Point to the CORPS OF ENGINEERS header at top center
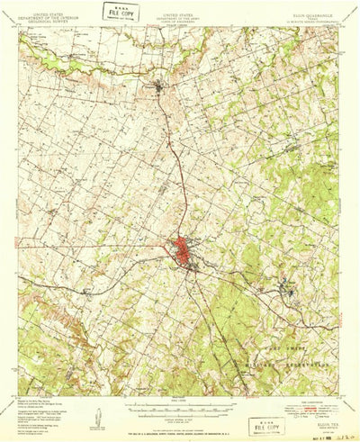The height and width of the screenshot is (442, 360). [x=184, y=20]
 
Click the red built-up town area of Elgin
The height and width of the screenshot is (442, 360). [x=186, y=249]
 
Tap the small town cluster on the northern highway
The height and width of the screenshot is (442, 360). [x=160, y=87]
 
